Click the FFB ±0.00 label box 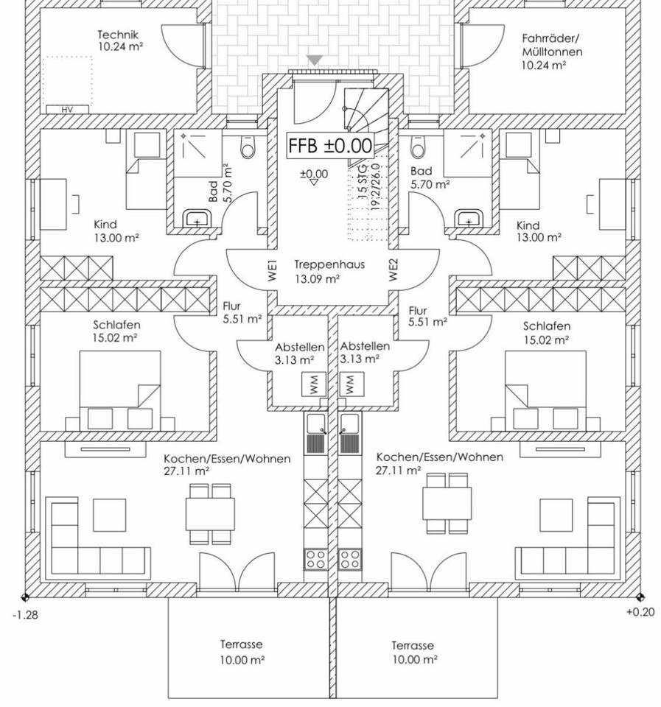tap(330, 145)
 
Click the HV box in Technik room tap(67, 109)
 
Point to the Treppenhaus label tap(316, 271)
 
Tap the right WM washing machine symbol tap(350, 384)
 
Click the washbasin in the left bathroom tap(197, 219)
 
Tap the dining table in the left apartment tap(210, 513)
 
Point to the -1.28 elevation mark tap(26, 614)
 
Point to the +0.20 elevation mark tap(640, 612)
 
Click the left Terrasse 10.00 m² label tap(241, 653)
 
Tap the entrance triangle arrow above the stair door tap(315, 60)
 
